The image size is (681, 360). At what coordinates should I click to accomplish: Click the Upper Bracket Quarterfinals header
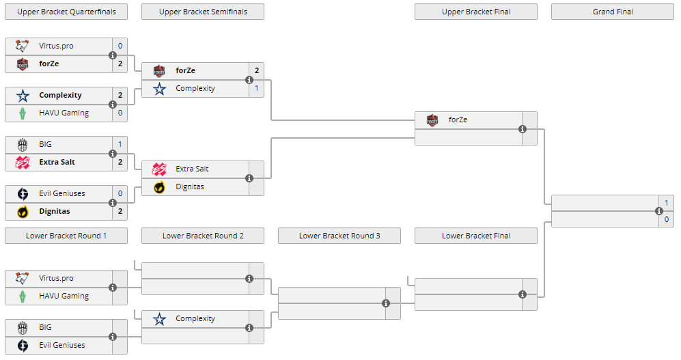click(66, 12)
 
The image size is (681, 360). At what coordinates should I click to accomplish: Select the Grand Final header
click(612, 12)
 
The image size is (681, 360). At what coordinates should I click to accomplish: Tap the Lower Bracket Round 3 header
click(339, 236)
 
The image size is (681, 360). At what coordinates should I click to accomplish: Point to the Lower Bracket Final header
click(476, 236)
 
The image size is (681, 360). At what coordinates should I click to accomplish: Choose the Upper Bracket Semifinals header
click(203, 12)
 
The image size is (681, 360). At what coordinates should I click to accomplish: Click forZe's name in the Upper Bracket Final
click(458, 120)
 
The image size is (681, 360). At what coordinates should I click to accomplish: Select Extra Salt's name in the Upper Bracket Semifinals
click(192, 169)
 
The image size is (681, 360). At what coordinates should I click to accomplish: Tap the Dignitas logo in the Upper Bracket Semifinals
click(159, 186)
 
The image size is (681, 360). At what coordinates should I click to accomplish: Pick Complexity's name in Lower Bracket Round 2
click(195, 318)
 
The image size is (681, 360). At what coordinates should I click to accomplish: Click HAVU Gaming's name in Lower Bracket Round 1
click(64, 296)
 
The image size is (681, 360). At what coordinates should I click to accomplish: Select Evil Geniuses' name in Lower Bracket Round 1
click(61, 345)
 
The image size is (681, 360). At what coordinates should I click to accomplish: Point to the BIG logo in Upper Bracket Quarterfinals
click(23, 144)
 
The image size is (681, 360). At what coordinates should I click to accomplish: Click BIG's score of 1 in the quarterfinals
click(120, 144)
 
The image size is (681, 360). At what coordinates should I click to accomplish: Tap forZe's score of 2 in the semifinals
click(257, 70)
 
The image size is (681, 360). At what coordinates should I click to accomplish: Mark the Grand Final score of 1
click(667, 202)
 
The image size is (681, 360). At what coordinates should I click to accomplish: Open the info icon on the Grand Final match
click(659, 211)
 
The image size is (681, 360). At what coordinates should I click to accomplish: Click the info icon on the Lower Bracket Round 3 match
click(386, 303)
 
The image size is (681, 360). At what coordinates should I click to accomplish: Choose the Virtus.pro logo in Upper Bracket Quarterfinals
click(23, 46)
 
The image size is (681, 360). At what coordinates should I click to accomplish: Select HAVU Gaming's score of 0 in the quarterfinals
click(120, 113)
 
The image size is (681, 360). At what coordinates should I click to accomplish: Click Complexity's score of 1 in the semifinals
click(257, 88)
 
